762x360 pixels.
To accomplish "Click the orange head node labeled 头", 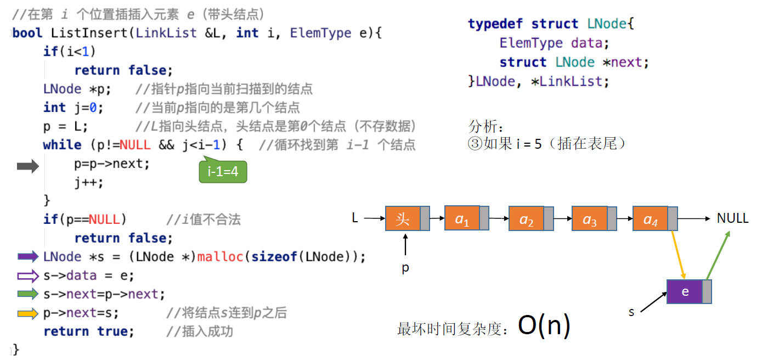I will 403,219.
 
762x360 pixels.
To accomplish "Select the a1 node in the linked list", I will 462,219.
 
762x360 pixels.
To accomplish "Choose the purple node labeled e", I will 685,291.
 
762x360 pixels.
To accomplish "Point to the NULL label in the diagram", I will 732,218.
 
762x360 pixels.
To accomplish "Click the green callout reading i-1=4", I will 223,172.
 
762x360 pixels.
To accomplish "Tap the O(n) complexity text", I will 544,326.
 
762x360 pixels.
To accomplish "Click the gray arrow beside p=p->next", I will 28,167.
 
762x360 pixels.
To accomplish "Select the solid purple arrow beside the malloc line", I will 28,256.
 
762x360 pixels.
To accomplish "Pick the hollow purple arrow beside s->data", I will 28,275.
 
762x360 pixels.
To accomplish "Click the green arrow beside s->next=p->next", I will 28,294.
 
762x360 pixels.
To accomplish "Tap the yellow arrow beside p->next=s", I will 28,313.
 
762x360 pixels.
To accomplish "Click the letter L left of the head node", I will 355,218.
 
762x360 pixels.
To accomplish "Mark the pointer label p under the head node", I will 405,268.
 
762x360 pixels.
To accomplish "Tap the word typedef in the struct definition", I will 495,24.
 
